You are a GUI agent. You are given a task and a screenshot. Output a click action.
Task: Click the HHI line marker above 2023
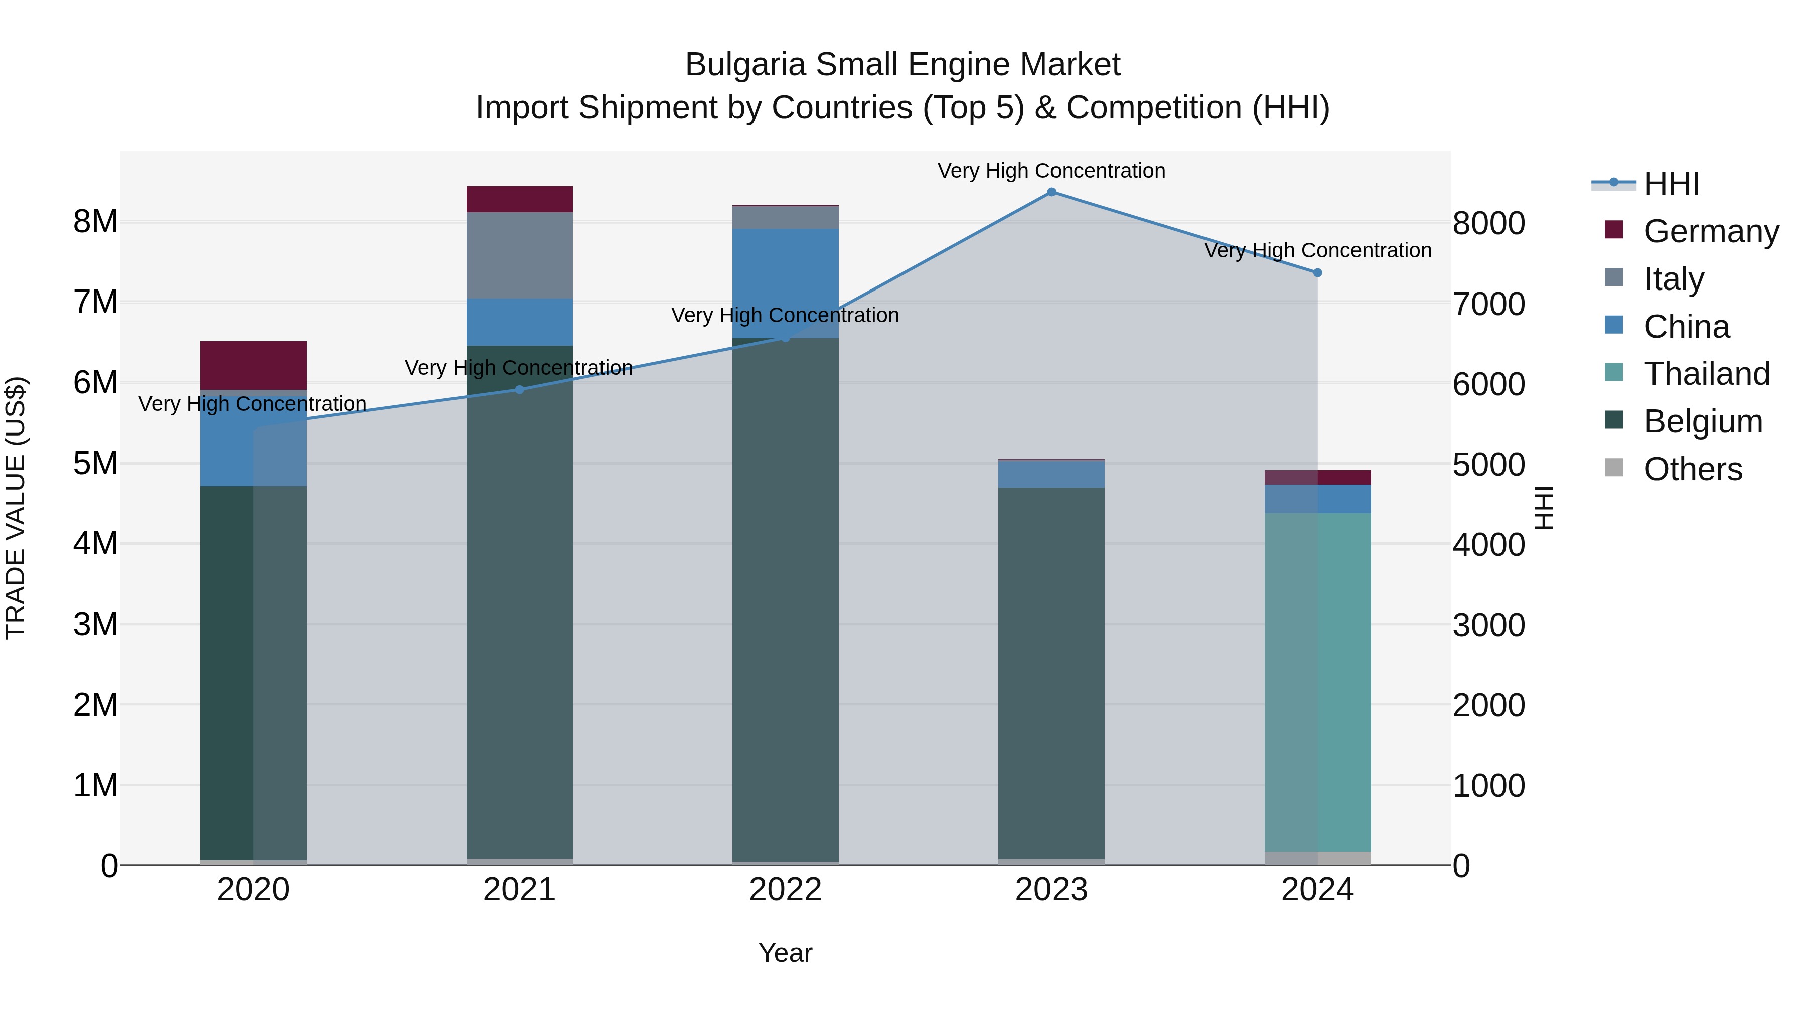(1051, 192)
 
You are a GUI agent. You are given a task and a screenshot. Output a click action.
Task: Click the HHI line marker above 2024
(1317, 273)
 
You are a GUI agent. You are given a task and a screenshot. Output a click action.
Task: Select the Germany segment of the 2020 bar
(253, 365)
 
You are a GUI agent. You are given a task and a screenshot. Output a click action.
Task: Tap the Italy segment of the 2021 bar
(520, 255)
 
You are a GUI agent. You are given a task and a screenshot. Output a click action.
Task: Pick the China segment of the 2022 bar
(785, 283)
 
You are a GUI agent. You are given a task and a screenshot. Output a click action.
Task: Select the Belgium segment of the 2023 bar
(1051, 673)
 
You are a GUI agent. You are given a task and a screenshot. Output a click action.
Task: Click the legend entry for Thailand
(1706, 374)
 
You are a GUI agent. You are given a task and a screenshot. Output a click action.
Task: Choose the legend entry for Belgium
(1702, 421)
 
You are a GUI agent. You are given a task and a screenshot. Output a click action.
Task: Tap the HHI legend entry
(1671, 184)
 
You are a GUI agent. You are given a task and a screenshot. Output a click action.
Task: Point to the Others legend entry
(1693, 469)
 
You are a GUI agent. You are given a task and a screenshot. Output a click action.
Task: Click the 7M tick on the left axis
(95, 302)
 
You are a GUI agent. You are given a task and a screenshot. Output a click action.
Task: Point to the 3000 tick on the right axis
(1488, 625)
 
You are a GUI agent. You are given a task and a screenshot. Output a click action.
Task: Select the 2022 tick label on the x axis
(785, 890)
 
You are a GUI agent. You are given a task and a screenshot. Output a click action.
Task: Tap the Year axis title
(785, 953)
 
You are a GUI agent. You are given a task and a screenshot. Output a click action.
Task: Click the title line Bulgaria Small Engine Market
(902, 65)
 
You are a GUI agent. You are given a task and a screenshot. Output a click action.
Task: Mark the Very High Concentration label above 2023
(1051, 171)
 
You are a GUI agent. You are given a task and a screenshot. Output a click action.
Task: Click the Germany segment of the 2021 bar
(520, 199)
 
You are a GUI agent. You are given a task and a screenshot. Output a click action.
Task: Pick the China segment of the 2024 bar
(1317, 499)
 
